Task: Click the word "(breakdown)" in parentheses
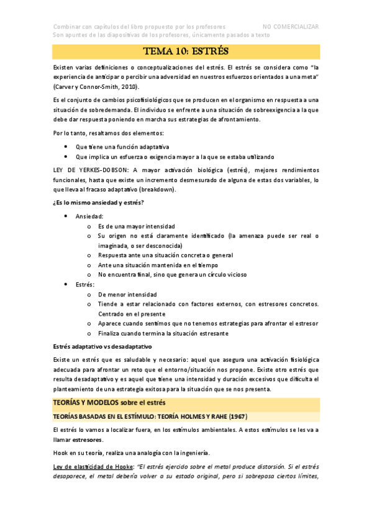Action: click(x=157, y=189)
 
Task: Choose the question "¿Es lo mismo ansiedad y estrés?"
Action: click(x=98, y=203)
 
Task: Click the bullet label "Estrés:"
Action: click(x=85, y=284)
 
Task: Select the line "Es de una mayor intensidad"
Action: click(x=137, y=226)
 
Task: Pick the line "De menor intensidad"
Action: click(x=127, y=294)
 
